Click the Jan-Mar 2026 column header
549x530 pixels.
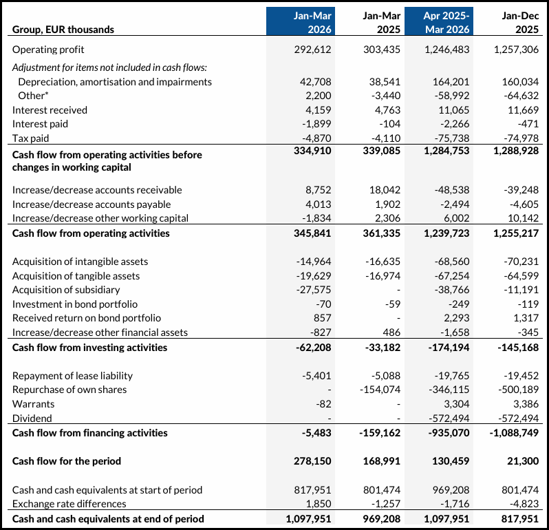pos(300,22)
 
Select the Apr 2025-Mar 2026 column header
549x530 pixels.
pos(439,22)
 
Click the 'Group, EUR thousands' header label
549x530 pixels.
pos(63,30)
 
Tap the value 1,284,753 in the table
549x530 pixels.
pos(442,150)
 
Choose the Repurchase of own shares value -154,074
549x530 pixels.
pos(380,390)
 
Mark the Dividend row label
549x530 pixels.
pos(32,418)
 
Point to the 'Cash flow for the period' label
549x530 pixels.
pos(67,461)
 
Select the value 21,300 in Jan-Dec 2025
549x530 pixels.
pos(524,461)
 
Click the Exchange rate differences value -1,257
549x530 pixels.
pos(385,505)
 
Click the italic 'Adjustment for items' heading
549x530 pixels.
pos(109,67)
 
